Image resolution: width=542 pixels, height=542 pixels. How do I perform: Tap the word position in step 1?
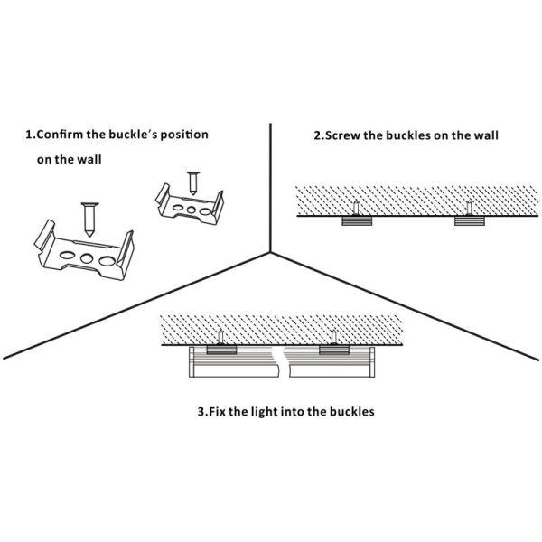click(182, 135)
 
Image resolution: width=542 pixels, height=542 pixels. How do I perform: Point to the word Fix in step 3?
click(219, 411)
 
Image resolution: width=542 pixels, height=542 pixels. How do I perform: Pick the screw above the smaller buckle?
click(192, 179)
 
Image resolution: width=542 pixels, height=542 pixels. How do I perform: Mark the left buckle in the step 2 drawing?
click(357, 220)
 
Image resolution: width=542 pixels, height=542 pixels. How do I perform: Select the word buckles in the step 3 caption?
click(347, 411)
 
